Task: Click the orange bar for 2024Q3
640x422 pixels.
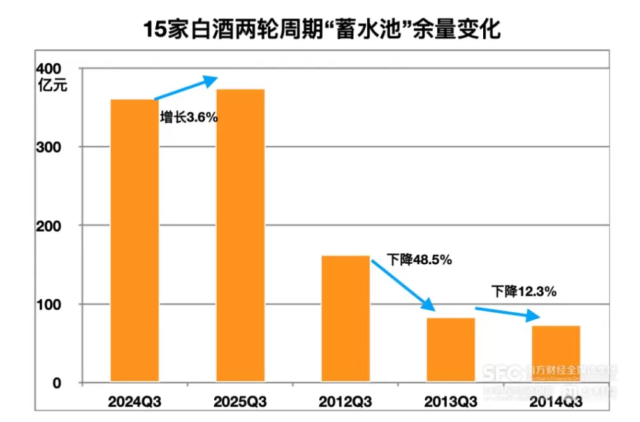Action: tap(134, 241)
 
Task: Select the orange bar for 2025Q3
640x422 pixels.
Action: tap(240, 236)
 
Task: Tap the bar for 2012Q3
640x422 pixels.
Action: tap(346, 319)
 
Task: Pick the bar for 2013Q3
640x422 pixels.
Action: tap(451, 350)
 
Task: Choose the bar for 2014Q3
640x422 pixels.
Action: tap(556, 354)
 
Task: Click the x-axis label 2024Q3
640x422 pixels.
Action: tap(134, 402)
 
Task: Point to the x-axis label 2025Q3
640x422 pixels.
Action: tap(240, 402)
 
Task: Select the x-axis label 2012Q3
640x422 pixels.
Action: tap(346, 402)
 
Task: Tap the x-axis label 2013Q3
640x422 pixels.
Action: tap(451, 402)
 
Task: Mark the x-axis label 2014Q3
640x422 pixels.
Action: tap(556, 402)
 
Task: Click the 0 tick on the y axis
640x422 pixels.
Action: tap(56, 383)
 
